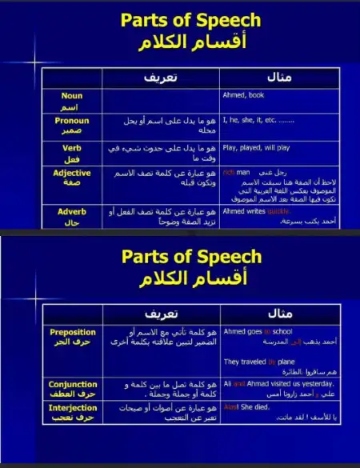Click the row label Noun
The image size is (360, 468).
coord(71,95)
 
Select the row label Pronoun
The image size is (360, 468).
coord(72,121)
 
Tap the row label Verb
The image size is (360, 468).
coord(72,147)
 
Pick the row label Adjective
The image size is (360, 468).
coord(72,173)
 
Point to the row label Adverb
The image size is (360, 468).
coord(72,211)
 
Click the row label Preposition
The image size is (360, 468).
coord(72,332)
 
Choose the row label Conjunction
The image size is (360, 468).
coord(72,384)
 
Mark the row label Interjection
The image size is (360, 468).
coord(72,407)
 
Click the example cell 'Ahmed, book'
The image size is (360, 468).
coord(245,95)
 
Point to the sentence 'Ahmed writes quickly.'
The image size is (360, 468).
coord(256,211)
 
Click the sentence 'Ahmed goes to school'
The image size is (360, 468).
coord(258,331)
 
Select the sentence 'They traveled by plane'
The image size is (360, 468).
coord(260,362)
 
